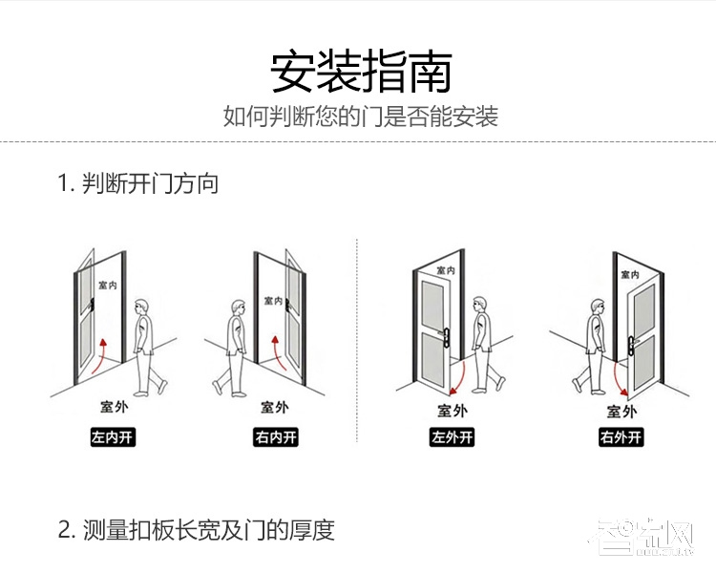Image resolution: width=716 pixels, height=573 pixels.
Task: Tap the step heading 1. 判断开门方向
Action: coord(137,183)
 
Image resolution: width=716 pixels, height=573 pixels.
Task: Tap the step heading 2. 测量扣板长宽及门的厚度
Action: coord(196,530)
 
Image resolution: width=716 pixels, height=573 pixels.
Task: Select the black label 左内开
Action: coord(113,438)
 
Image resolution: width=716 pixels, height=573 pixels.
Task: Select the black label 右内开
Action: coord(275,438)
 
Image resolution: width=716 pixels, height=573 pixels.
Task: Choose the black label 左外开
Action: coord(452,438)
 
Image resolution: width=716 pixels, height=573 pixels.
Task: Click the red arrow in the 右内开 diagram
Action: coord(278,356)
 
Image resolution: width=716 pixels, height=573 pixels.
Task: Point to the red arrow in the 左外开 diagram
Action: coord(459,375)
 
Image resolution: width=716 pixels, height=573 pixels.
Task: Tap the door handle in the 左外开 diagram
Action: coord(446,334)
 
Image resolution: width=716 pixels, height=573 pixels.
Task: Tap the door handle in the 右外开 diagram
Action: coord(631,339)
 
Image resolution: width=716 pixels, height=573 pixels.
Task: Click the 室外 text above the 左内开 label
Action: coord(113,408)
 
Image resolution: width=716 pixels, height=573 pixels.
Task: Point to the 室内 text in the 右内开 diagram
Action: coord(273,301)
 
